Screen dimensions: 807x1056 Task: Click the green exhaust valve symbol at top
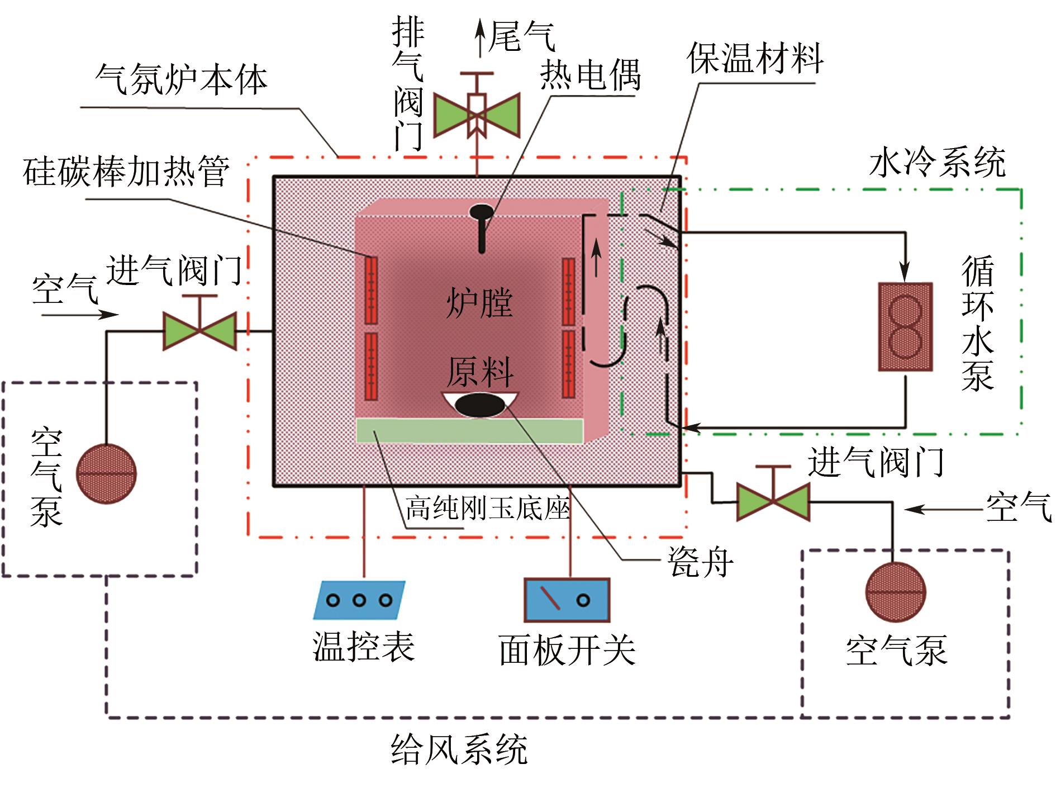tap(477, 115)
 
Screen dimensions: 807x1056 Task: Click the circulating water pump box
tap(905, 327)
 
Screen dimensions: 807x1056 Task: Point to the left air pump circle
tap(106, 474)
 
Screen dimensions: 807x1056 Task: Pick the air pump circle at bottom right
tap(896, 592)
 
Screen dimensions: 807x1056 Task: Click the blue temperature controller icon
tap(359, 600)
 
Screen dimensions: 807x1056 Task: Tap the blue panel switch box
tap(567, 600)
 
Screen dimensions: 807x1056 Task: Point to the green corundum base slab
tap(469, 430)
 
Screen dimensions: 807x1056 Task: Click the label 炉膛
tap(479, 303)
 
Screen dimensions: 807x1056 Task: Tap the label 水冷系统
tap(938, 162)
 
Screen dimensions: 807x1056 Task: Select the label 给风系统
tap(459, 749)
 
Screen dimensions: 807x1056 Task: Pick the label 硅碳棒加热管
tap(126, 171)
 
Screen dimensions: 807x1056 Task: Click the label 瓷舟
tap(701, 562)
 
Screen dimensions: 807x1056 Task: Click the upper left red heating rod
tap(371, 290)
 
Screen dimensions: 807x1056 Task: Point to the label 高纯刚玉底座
tap(487, 509)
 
